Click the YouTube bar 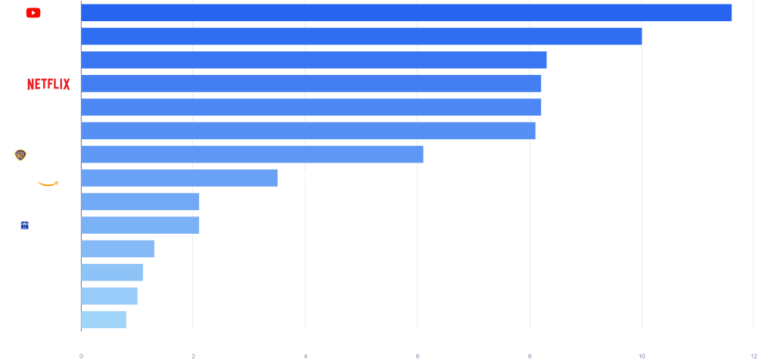coord(406,13)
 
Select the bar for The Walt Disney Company coord(361,36)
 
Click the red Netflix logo coord(48,84)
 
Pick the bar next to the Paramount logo coord(311,107)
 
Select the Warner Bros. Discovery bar coord(252,154)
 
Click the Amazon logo coord(51,178)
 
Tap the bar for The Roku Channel coord(140,202)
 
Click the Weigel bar coord(117,249)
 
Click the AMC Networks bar coord(104,320)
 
